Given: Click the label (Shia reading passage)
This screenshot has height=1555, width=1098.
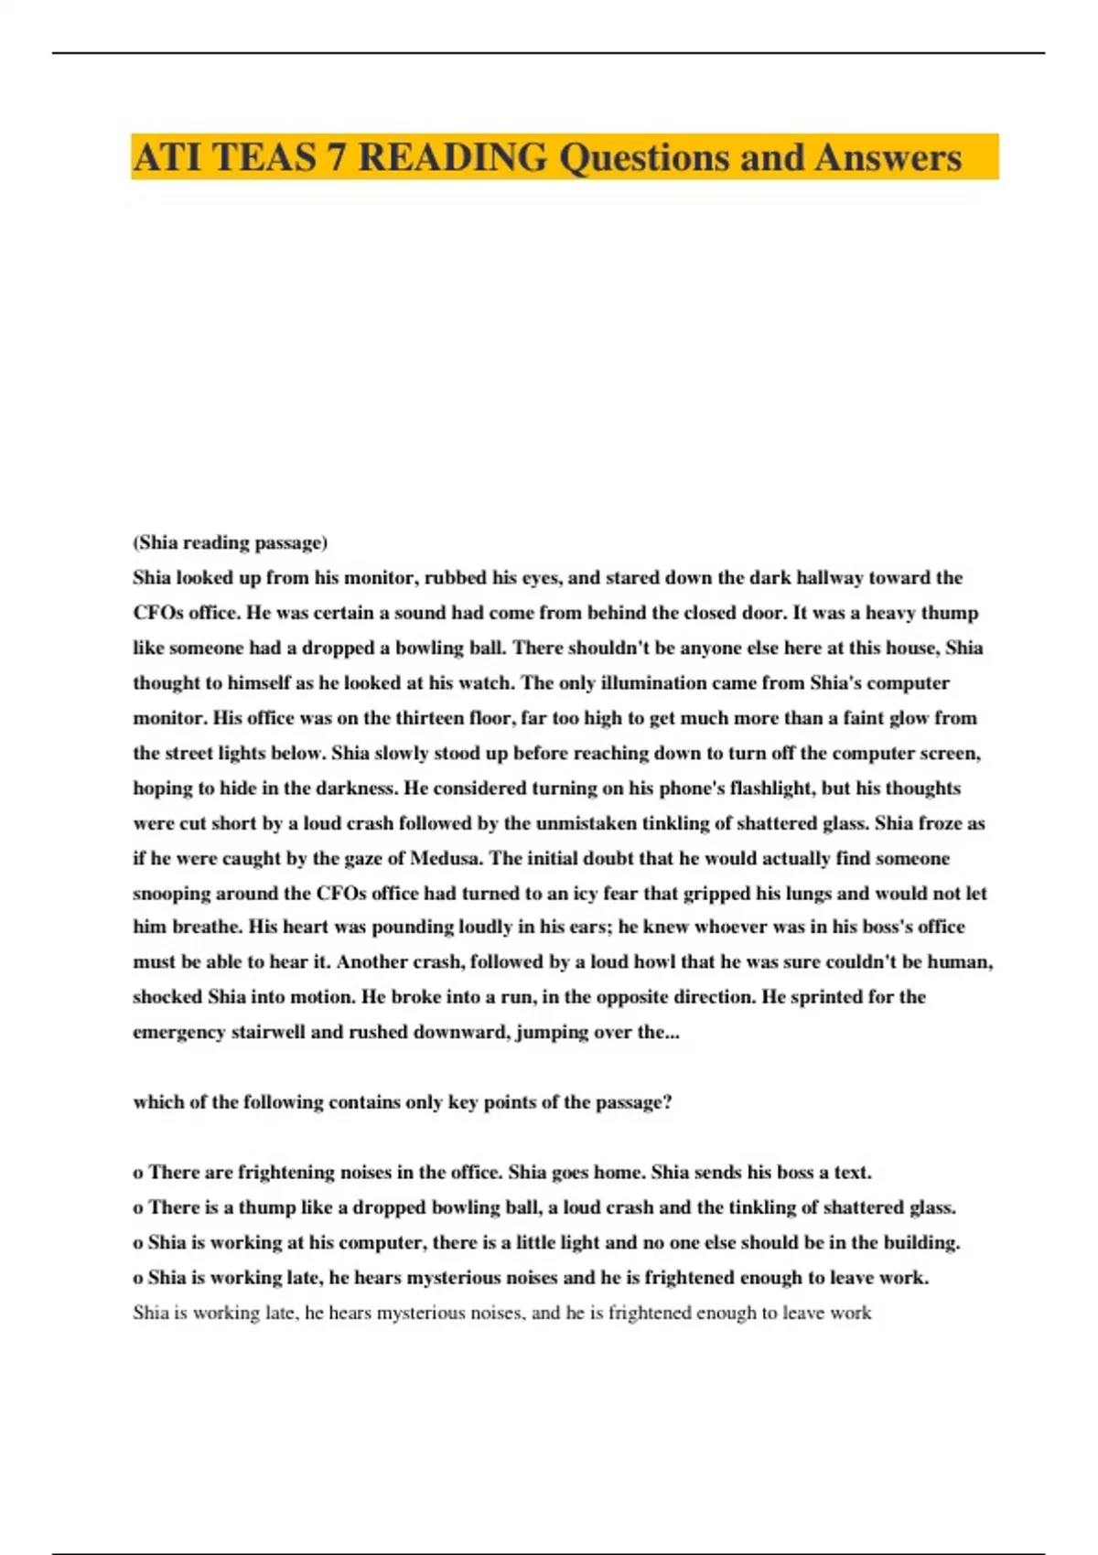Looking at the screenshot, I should [x=230, y=542].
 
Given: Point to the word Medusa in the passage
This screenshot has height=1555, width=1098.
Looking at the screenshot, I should [x=447, y=858].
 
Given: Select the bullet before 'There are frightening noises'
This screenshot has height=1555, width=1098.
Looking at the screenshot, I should [x=138, y=1174].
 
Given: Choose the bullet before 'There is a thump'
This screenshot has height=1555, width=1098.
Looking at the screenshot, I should [x=138, y=1208].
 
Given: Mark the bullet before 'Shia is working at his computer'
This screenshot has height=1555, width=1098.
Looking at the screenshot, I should [x=138, y=1243].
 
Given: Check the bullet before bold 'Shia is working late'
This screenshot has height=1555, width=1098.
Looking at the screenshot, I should [x=138, y=1279].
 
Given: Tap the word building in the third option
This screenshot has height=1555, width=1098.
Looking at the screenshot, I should [x=922, y=1243].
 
